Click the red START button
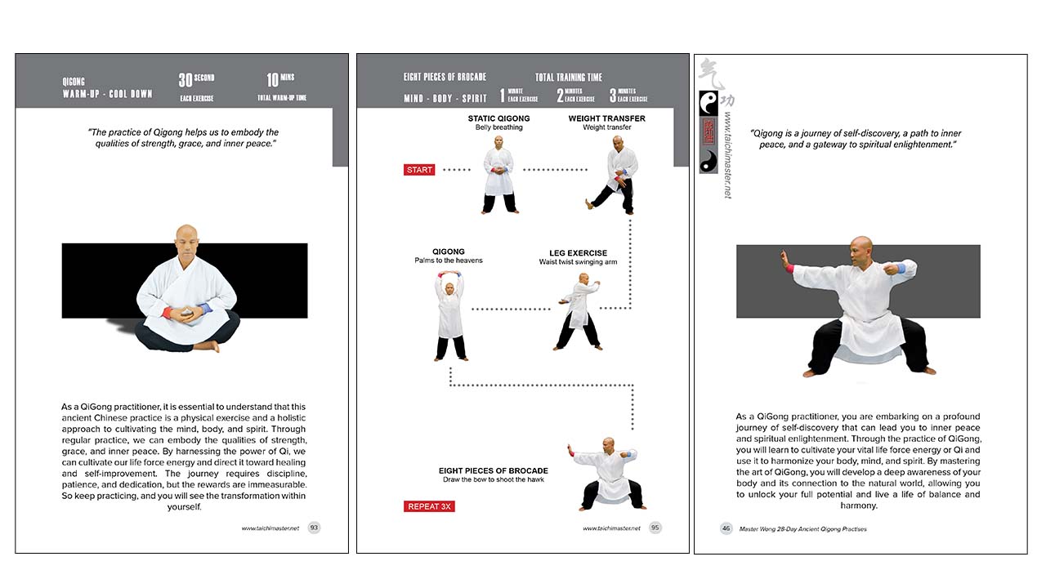pyautogui.click(x=419, y=170)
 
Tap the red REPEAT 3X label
pyautogui.click(x=428, y=506)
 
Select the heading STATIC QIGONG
pyautogui.click(x=498, y=118)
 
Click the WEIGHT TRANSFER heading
pyautogui.click(x=606, y=118)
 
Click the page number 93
pyautogui.click(x=314, y=528)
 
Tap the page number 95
pyautogui.click(x=655, y=528)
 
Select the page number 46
pyautogui.click(x=726, y=528)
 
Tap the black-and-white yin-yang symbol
pyautogui.click(x=709, y=101)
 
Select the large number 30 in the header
pyautogui.click(x=186, y=80)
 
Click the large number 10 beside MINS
pyautogui.click(x=273, y=80)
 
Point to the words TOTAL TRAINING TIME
pyautogui.click(x=569, y=78)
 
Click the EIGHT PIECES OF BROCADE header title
pyautogui.click(x=445, y=78)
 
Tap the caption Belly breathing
pyautogui.click(x=498, y=127)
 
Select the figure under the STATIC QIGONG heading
pyautogui.click(x=499, y=176)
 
